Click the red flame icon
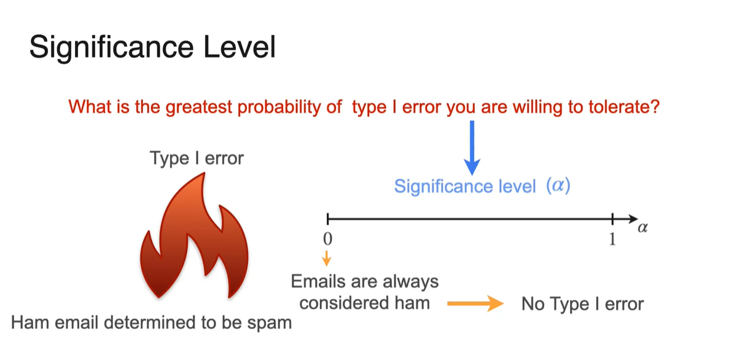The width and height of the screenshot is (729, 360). click(x=195, y=235)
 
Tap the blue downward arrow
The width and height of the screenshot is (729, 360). click(x=472, y=147)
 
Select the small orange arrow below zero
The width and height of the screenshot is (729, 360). click(x=327, y=257)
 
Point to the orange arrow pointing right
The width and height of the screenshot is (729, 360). click(x=475, y=304)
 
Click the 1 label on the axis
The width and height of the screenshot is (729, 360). click(x=612, y=240)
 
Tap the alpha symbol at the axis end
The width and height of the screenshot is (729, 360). click(x=643, y=229)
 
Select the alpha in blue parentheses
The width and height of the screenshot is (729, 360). click(x=558, y=187)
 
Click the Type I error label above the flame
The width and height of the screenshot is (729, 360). click(x=196, y=158)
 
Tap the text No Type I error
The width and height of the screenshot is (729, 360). click(x=583, y=304)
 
